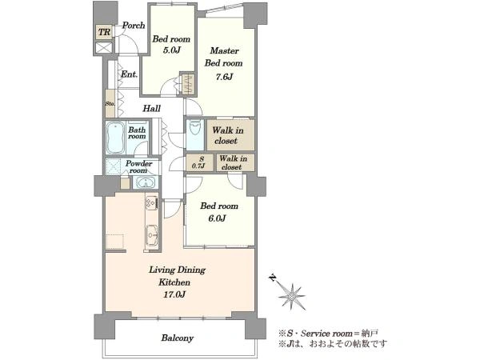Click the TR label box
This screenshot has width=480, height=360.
click(104, 32)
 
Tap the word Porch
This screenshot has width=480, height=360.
click(134, 25)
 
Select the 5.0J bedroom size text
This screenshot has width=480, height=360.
click(171, 50)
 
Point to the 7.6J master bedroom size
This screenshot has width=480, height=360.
click(224, 77)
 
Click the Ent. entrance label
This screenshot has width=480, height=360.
click(129, 74)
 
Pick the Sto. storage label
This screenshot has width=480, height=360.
click(110, 103)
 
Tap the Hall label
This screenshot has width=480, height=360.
click(152, 108)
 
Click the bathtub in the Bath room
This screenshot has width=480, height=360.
click(115, 138)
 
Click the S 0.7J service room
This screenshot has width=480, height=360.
click(200, 162)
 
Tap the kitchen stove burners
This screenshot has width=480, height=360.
click(151, 202)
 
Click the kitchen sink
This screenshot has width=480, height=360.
click(152, 235)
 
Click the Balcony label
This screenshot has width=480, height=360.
click(178, 338)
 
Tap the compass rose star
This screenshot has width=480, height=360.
click(292, 296)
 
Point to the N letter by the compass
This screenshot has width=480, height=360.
click(272, 278)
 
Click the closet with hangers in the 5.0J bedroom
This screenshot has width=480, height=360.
click(187, 83)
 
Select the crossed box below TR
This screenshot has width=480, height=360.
click(104, 48)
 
